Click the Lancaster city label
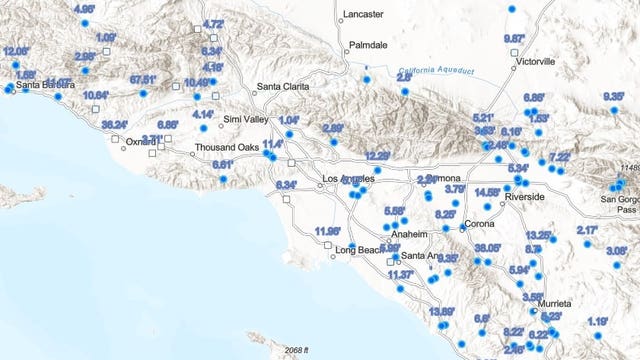[362, 14]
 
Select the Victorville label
[535, 61]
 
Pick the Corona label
[479, 224]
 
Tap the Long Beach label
[357, 249]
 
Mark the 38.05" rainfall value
[488, 248]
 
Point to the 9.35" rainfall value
[613, 96]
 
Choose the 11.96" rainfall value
[327, 232]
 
